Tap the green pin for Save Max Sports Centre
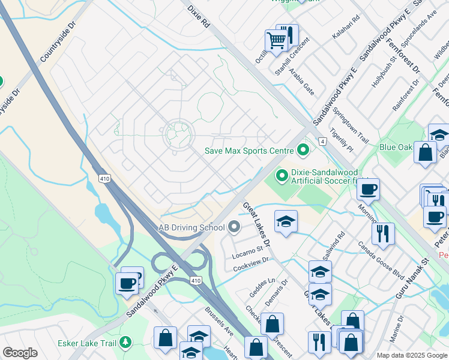pos(303,149)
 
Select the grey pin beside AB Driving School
pos(234,227)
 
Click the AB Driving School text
pos(191,227)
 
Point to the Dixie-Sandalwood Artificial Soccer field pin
pos(282,176)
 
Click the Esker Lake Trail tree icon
pos(125,343)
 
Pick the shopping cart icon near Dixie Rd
pos(276,41)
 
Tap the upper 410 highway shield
pos(106,178)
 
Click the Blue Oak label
pos(396,146)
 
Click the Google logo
pos(20,353)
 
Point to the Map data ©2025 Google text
pos(411,355)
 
